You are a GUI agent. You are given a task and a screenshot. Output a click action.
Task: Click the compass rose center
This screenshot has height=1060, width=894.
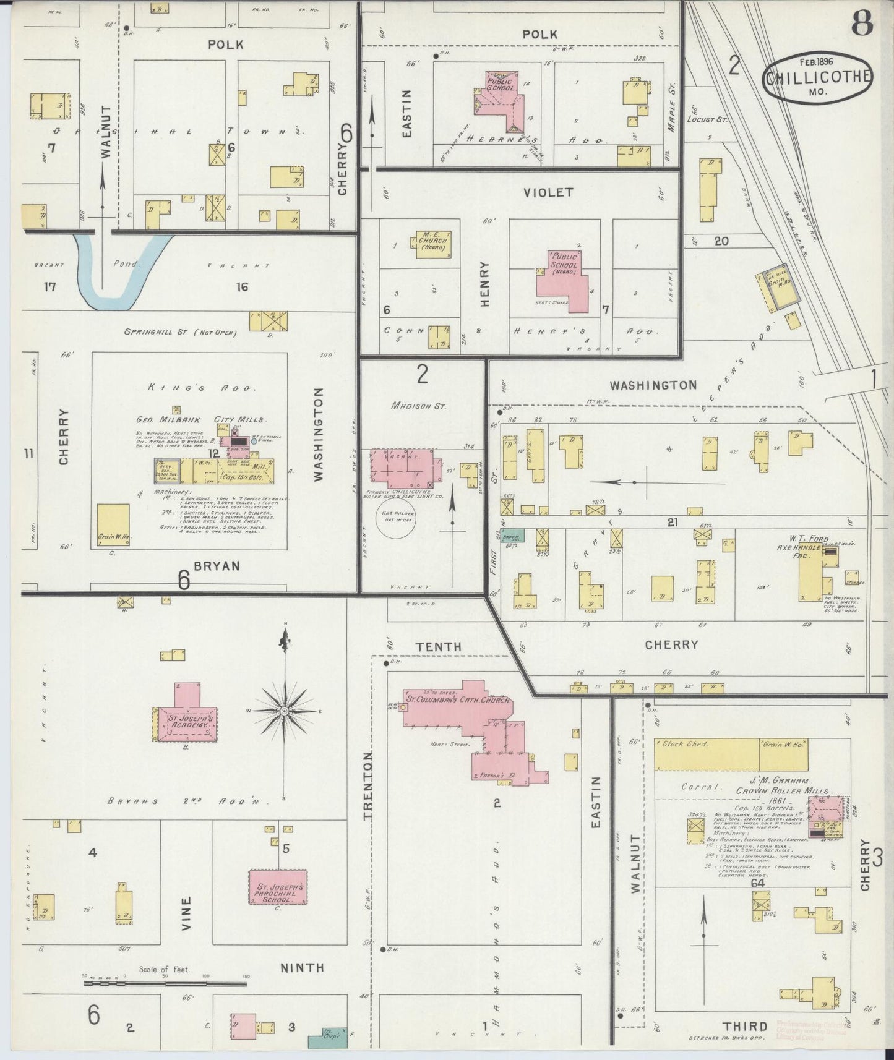point(284,711)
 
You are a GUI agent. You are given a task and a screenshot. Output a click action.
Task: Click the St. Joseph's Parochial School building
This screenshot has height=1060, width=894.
point(278,888)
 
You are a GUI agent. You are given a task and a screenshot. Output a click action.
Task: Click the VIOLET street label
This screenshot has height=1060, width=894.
point(548,192)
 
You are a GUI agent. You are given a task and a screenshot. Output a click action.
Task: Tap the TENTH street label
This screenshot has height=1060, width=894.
point(438,646)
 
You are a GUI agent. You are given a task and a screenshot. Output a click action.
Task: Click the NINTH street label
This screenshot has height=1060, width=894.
point(303,967)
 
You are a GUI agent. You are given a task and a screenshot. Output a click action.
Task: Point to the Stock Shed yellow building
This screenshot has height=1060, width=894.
point(705,753)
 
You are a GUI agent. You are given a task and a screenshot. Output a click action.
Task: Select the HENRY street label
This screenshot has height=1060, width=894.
point(484,284)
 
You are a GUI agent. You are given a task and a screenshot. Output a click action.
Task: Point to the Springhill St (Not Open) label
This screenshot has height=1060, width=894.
point(181,332)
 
